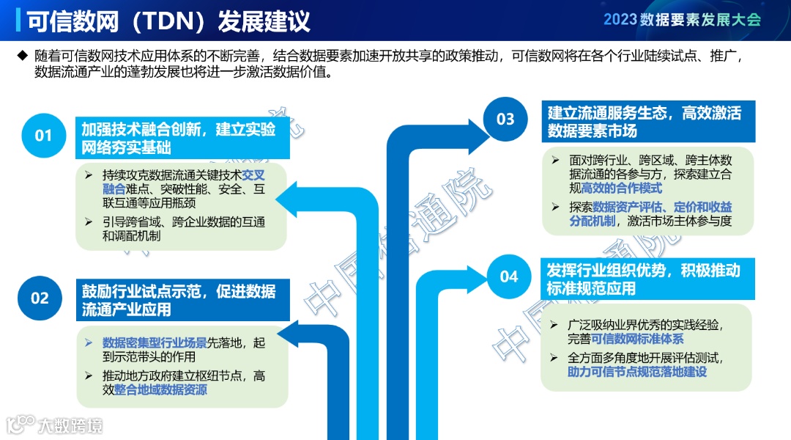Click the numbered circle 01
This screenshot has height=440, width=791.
44,135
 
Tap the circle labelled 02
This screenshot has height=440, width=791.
40,298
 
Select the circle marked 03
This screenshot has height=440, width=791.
505,119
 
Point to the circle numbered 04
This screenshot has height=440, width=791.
508,276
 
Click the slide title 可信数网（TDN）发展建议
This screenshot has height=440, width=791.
168,21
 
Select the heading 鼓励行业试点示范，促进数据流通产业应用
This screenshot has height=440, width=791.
180,300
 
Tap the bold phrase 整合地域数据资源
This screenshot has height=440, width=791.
160,389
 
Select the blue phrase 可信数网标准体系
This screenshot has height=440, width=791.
636,339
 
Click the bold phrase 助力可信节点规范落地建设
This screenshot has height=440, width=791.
637,372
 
